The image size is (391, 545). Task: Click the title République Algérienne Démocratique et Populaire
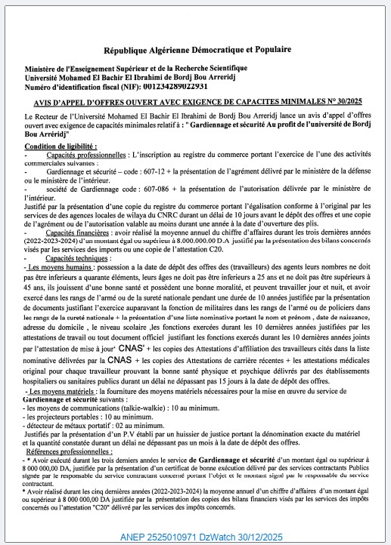pos(195,49)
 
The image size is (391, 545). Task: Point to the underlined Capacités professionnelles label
pos(85,153)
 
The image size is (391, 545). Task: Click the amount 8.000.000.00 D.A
pos(166,243)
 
